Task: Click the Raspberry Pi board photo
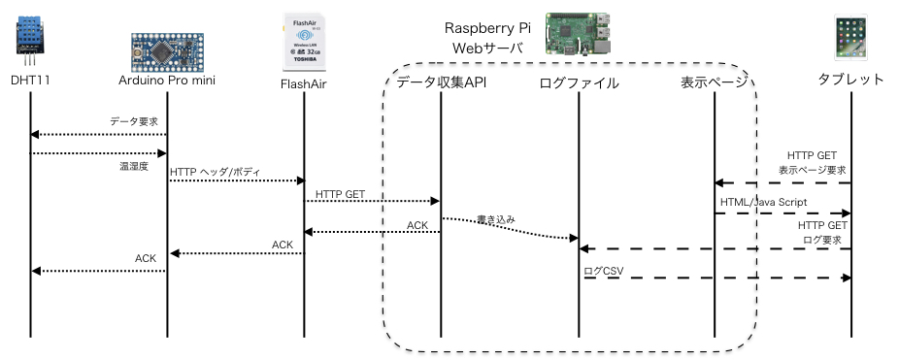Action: click(581, 33)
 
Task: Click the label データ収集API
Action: click(442, 82)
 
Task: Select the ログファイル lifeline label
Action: click(579, 82)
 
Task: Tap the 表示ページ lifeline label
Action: click(715, 82)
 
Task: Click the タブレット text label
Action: click(851, 79)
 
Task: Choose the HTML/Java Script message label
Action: click(764, 201)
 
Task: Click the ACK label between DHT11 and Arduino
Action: click(145, 258)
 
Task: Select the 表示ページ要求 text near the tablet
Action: click(814, 169)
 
